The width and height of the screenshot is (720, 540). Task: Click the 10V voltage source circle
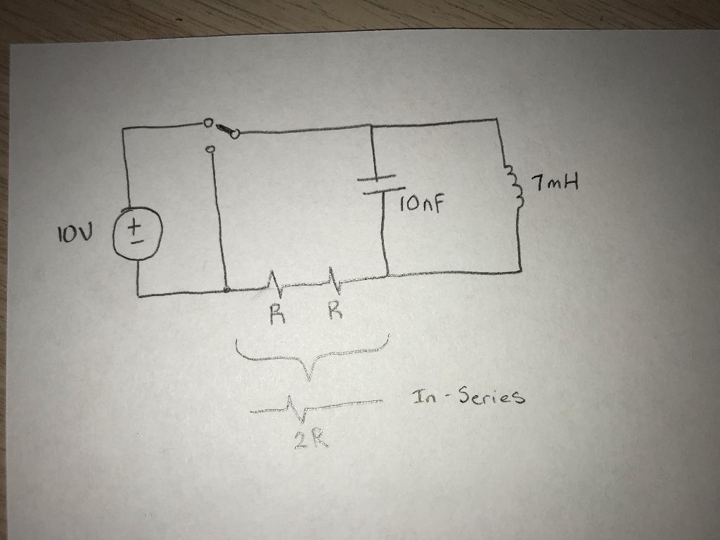point(136,233)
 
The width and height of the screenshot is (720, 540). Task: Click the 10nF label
point(422,205)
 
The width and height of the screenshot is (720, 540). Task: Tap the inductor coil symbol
point(517,187)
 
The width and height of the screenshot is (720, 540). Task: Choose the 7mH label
point(555,186)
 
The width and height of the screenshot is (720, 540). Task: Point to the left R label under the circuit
point(277,314)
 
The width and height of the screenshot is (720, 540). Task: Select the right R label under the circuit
point(336,310)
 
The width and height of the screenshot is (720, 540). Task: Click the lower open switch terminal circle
point(210,149)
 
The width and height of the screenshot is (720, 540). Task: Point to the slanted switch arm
point(225,129)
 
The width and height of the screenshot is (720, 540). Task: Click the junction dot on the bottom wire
point(226,290)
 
